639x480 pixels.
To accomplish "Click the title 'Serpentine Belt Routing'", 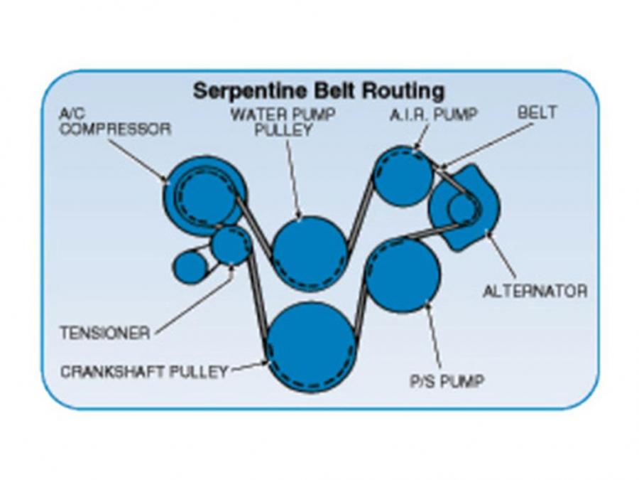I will (319, 92).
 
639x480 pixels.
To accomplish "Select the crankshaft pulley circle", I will (312, 346).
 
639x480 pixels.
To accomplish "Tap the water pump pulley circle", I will (310, 252).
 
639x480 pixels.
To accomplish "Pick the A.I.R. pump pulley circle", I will (403, 175).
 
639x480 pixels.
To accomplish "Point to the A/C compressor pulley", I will (205, 193).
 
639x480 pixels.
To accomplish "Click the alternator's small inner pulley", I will (461, 208).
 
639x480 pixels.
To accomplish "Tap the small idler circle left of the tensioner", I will (189, 267).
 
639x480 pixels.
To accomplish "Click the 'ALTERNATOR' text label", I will (535, 292).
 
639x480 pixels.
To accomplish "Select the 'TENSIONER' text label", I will (105, 333).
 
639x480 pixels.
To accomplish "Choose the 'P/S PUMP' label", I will (447, 381).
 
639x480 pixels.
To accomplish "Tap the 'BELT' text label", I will (537, 112).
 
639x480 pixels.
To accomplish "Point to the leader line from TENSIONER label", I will (192, 302).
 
